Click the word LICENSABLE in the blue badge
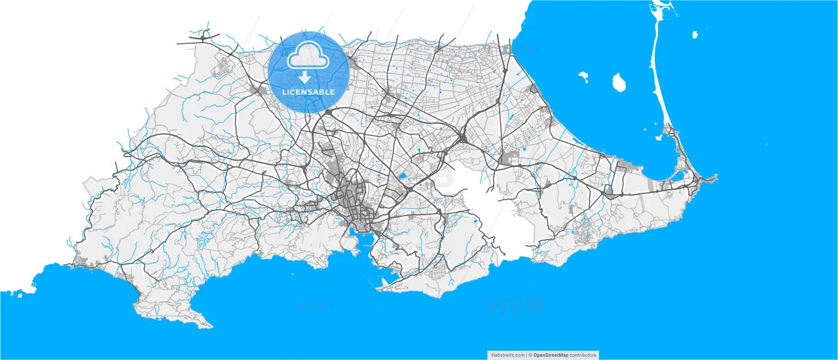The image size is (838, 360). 308,92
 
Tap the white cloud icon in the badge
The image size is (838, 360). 308,57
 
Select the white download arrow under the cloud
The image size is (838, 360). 305,77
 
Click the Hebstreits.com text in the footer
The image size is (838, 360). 507,355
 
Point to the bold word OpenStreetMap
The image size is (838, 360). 550,355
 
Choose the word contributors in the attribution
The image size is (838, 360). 582,355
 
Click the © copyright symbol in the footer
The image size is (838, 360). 530,355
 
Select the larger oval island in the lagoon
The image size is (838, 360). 617,82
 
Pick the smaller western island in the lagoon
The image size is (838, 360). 583,78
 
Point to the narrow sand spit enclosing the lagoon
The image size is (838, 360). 657,79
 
